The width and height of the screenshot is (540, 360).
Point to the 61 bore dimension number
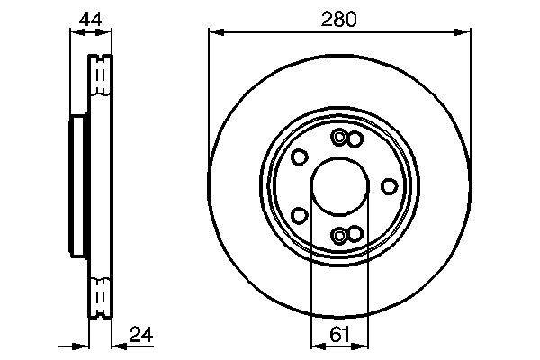[339, 334]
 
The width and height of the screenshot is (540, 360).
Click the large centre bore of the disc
[339, 186]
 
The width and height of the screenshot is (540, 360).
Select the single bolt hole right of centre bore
[389, 186]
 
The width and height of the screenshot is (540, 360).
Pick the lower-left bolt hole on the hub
[300, 216]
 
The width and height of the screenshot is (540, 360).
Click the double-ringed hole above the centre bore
[338, 138]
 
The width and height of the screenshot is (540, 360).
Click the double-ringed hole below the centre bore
[338, 235]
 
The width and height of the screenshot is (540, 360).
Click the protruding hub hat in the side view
[78, 186]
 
